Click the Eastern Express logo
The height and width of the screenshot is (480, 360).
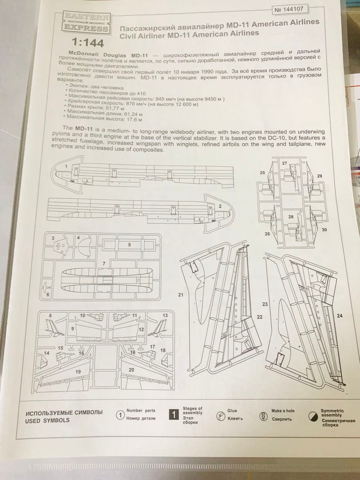click(x=87, y=23)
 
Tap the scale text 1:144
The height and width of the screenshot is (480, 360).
click(x=88, y=43)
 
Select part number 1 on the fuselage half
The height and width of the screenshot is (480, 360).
click(x=67, y=166)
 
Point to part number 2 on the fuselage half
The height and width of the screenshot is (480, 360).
click(x=220, y=206)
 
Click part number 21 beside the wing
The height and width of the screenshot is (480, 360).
click(x=180, y=295)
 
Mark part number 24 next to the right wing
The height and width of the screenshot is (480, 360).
click(x=340, y=316)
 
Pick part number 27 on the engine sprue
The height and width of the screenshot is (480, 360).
click(x=284, y=163)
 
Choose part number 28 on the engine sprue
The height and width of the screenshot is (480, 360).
click(x=291, y=217)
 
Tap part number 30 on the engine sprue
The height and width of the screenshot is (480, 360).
click(x=324, y=229)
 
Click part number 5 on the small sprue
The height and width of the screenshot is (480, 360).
click(x=129, y=244)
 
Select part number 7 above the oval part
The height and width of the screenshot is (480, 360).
click(x=104, y=264)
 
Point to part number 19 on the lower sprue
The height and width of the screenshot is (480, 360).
click(x=78, y=371)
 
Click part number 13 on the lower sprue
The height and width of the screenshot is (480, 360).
click(x=165, y=315)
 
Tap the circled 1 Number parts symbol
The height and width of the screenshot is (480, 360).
click(x=120, y=415)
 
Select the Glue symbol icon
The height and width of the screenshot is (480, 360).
click(x=219, y=416)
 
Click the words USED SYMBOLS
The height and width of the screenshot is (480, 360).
click(x=48, y=420)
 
